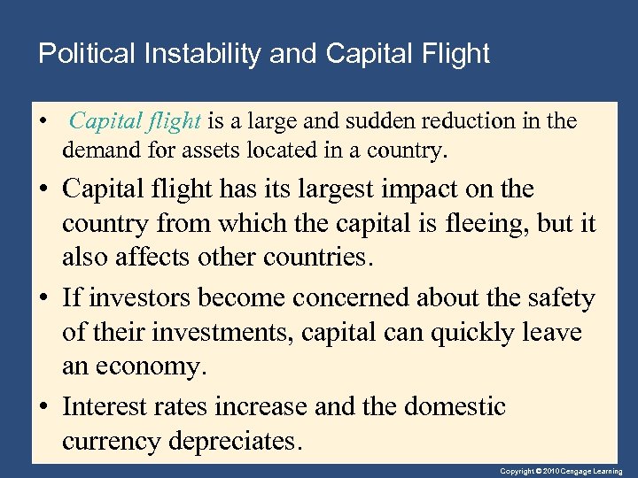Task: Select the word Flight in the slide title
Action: tap(456, 54)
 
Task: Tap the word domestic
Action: tap(455, 407)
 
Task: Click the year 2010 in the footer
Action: tap(551, 472)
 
